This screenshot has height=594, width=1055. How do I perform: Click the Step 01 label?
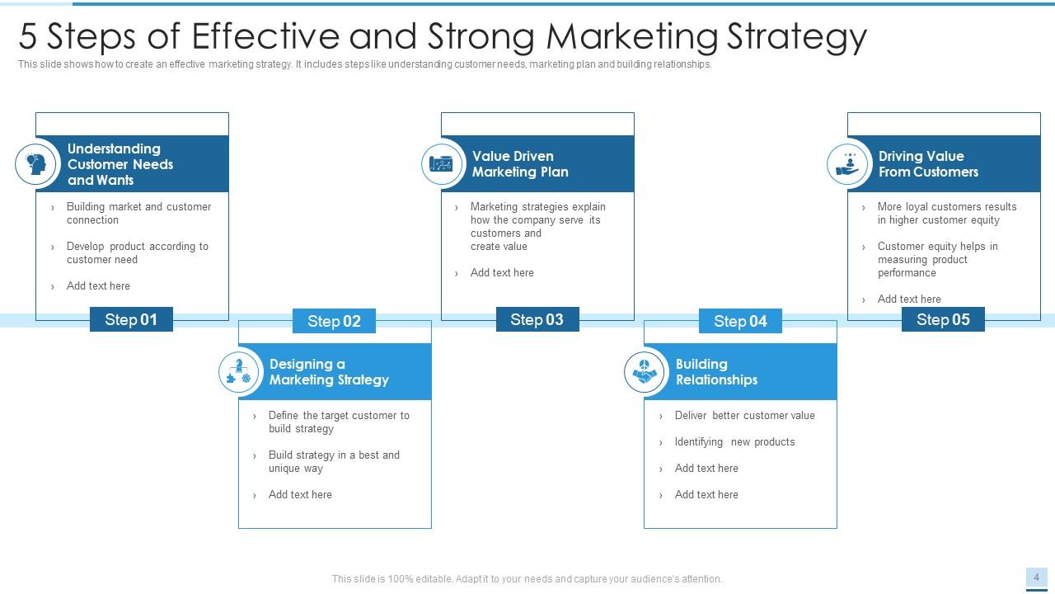(131, 319)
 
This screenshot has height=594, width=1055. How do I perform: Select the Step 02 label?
(334, 321)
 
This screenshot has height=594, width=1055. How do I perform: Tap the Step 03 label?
(537, 319)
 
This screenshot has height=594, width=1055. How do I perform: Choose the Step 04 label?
(740, 321)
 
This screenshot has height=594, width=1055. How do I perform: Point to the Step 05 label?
(943, 319)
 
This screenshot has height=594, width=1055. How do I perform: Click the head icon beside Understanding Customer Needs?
(35, 163)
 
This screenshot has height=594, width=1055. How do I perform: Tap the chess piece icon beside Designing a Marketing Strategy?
(238, 372)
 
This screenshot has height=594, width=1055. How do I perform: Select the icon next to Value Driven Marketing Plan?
(442, 164)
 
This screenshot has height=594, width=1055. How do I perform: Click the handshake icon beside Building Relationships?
(645, 372)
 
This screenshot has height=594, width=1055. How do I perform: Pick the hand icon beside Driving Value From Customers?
(847, 164)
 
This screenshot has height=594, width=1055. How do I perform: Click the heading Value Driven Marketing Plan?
(520, 164)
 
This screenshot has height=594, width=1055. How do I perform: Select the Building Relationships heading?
(716, 372)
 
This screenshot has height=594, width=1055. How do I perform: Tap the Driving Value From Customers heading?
(928, 164)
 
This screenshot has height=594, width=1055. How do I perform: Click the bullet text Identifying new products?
(734, 442)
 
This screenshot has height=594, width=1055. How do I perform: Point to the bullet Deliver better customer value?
(744, 416)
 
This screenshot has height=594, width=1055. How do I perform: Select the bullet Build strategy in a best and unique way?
(334, 462)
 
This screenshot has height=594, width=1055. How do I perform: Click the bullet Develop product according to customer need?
(137, 253)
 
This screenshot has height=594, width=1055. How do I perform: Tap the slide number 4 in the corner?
(1036, 577)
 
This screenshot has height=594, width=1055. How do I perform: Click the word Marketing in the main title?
(632, 36)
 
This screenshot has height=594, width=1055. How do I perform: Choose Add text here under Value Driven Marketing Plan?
(502, 273)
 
